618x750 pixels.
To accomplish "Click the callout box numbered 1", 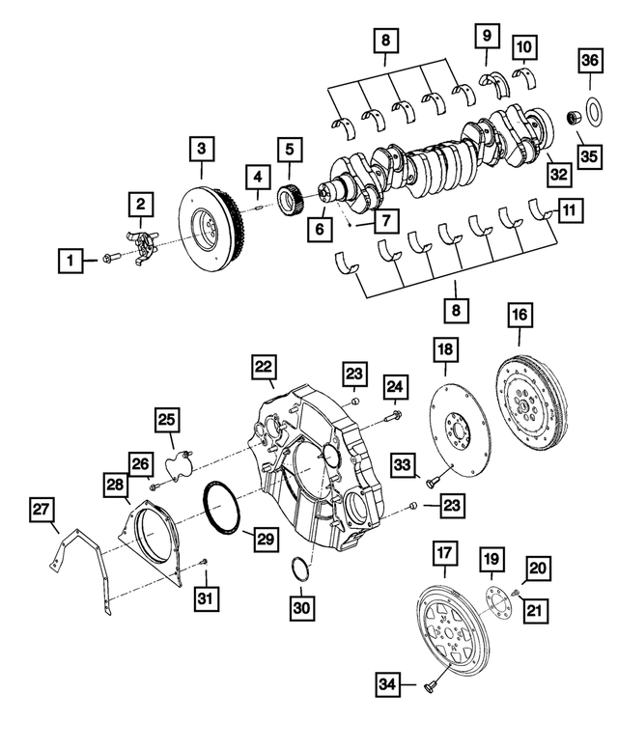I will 70,259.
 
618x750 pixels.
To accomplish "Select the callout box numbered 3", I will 201,149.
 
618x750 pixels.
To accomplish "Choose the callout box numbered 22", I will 264,367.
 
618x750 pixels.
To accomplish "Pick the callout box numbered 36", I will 589,60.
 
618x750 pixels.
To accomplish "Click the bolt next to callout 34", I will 430,684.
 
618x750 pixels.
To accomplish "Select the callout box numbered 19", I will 491,558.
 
